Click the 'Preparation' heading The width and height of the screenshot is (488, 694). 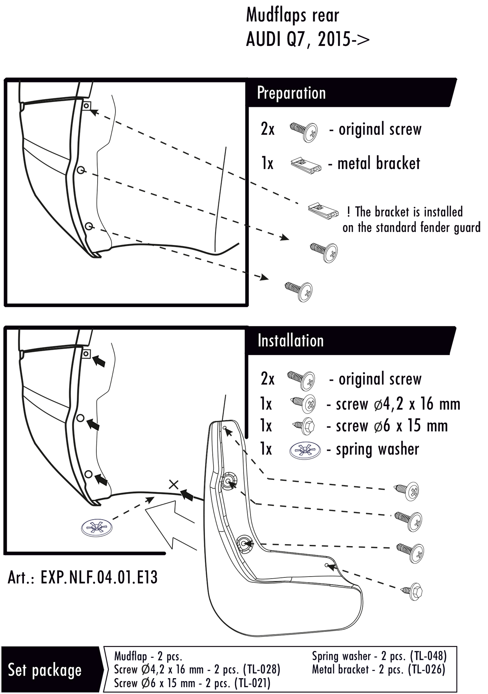(291, 93)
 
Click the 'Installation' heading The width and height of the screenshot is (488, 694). (290, 340)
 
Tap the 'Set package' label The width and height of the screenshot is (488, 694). (45, 670)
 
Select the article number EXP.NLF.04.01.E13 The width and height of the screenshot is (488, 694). (83, 577)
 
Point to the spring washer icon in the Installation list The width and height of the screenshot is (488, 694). (305, 450)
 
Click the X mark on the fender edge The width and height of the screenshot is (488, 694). (174, 484)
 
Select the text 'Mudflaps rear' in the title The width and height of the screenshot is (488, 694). (292, 16)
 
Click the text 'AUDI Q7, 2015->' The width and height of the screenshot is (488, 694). (308, 40)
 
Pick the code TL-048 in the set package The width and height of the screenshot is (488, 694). (428, 656)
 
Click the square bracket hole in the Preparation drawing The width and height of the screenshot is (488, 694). (86, 106)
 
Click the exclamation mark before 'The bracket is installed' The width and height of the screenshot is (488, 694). (349, 212)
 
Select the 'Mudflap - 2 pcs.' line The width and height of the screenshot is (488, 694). (148, 656)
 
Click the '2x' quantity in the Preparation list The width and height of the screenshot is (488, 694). (268, 130)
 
